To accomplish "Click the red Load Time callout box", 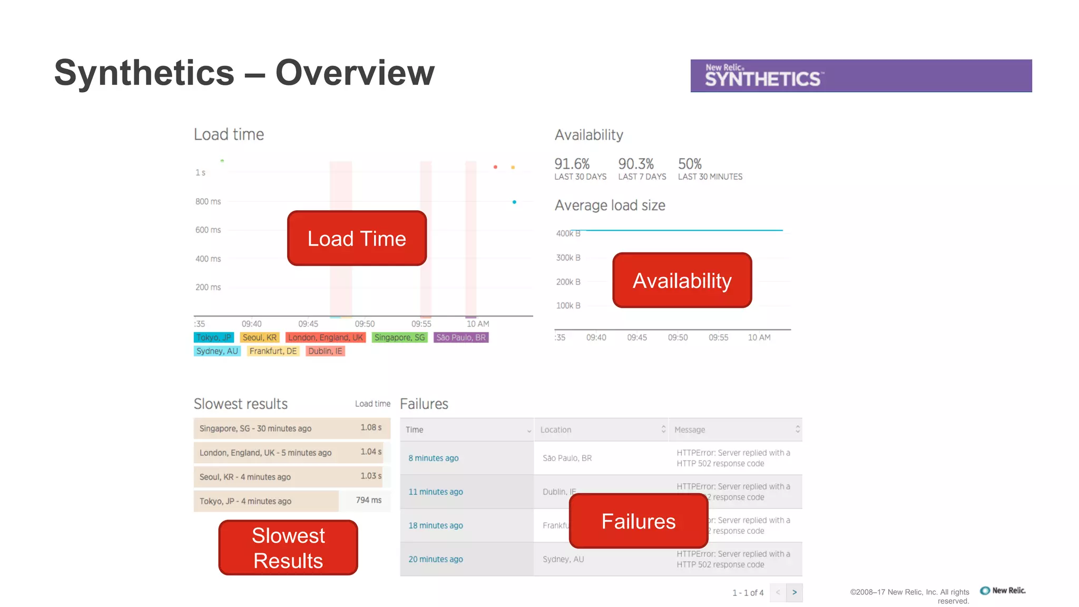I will point(357,238).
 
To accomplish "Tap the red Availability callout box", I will point(682,280).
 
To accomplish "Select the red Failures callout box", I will point(638,521).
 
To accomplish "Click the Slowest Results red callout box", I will point(288,547).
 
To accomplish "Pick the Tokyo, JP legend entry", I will point(213,337).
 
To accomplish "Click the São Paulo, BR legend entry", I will point(461,337).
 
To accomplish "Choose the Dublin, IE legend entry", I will point(325,351).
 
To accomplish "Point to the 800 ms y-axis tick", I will point(208,201).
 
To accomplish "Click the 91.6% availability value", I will point(572,164).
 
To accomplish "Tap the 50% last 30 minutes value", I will point(690,164).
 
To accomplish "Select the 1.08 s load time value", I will point(371,427).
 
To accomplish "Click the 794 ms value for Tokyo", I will point(368,500).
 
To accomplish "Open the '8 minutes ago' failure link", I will point(434,458).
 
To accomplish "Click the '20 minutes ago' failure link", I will point(436,559).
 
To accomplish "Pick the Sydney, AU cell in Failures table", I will point(563,559).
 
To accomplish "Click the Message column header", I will point(690,429).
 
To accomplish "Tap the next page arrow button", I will point(794,592).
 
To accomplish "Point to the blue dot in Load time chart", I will point(514,202).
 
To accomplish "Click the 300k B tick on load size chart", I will point(568,258).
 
